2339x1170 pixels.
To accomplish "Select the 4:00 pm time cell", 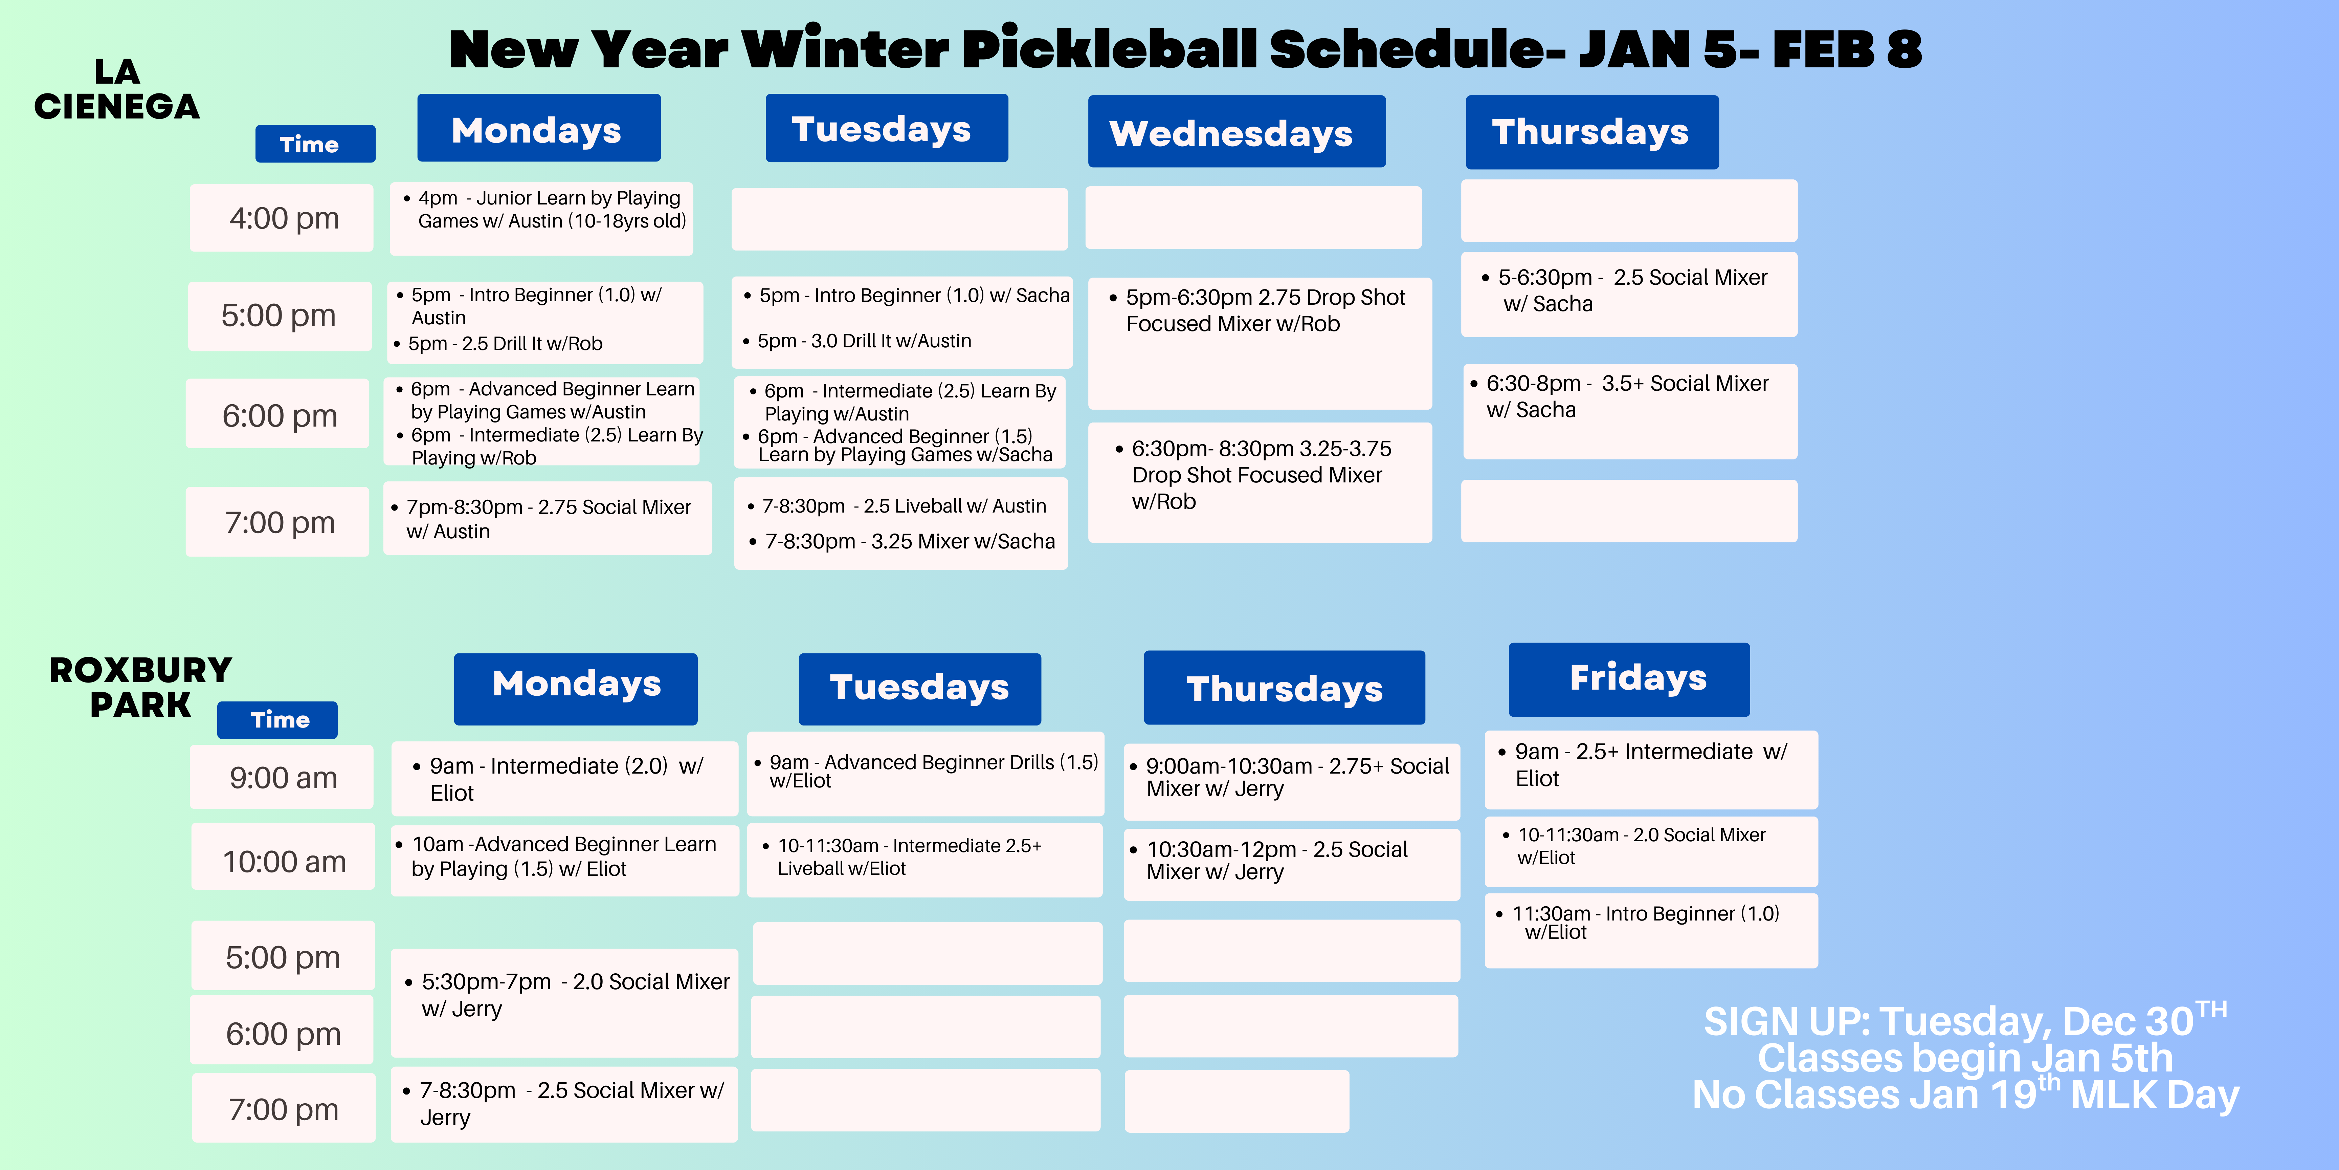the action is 282,218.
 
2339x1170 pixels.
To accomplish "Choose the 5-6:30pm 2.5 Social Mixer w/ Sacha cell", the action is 1629,294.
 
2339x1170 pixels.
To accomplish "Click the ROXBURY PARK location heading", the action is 141,687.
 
